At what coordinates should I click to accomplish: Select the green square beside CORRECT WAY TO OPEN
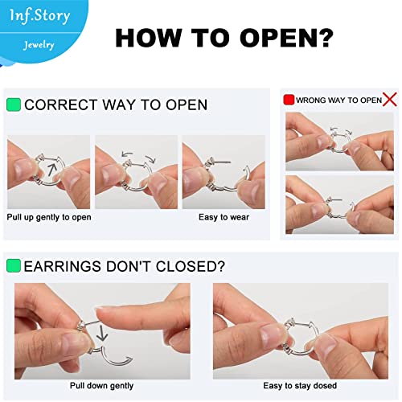click(x=14, y=105)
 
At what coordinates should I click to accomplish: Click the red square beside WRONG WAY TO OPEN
click(x=289, y=100)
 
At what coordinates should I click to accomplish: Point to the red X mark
click(x=391, y=99)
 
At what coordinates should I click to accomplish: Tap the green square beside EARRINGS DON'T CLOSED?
click(x=14, y=265)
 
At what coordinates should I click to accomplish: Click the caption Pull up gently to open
click(x=49, y=217)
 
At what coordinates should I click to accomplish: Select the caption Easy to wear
click(x=224, y=217)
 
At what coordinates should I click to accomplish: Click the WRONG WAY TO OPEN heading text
click(x=338, y=100)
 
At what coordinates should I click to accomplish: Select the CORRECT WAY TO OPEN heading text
click(x=116, y=105)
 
